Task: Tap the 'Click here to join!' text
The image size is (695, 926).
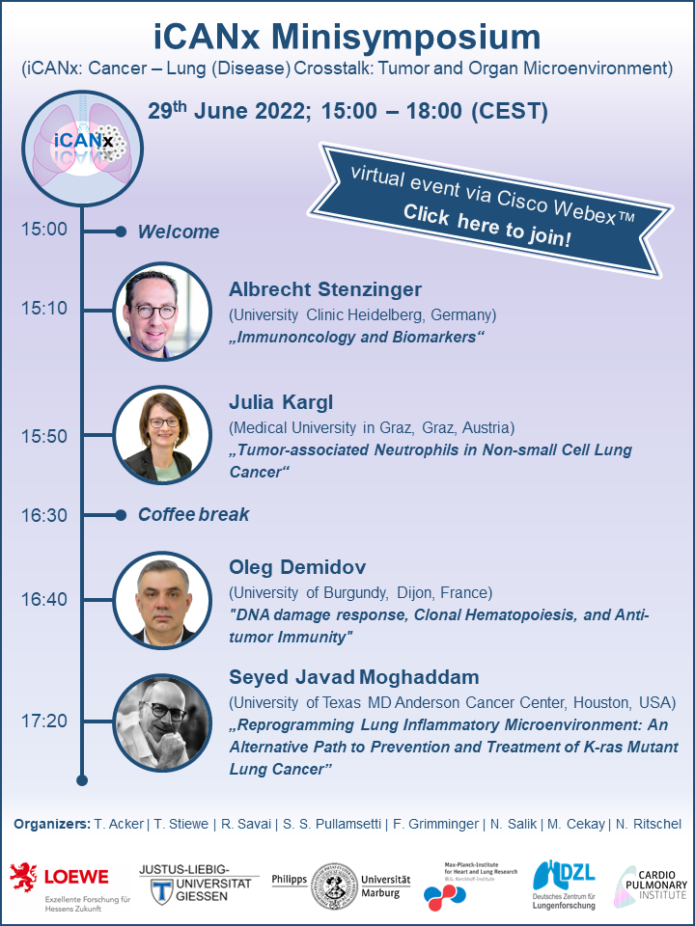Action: [x=486, y=227]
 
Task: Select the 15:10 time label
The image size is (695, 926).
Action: [x=44, y=309]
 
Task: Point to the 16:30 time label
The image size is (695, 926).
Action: [x=44, y=515]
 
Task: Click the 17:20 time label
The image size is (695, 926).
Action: [x=44, y=721]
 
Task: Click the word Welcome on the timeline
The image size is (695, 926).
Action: [x=179, y=231]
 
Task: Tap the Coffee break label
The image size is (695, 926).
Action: [x=193, y=514]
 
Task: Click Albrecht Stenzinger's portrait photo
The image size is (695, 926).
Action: [x=162, y=312]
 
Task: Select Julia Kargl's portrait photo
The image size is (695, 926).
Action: [x=162, y=435]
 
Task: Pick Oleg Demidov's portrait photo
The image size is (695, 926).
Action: [x=162, y=600]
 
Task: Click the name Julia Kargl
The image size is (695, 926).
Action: [x=281, y=403]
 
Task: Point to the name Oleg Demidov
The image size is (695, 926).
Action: [x=297, y=567]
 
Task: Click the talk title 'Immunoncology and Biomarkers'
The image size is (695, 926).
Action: [x=356, y=338]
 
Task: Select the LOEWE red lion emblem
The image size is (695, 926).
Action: [x=23, y=877]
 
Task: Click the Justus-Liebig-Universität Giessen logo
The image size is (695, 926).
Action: [x=199, y=885]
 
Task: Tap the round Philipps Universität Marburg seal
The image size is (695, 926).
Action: [x=335, y=885]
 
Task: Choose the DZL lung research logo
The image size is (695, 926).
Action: [x=564, y=885]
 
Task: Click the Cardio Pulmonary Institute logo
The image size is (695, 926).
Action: [x=651, y=885]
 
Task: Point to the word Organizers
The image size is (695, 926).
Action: [x=52, y=824]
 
